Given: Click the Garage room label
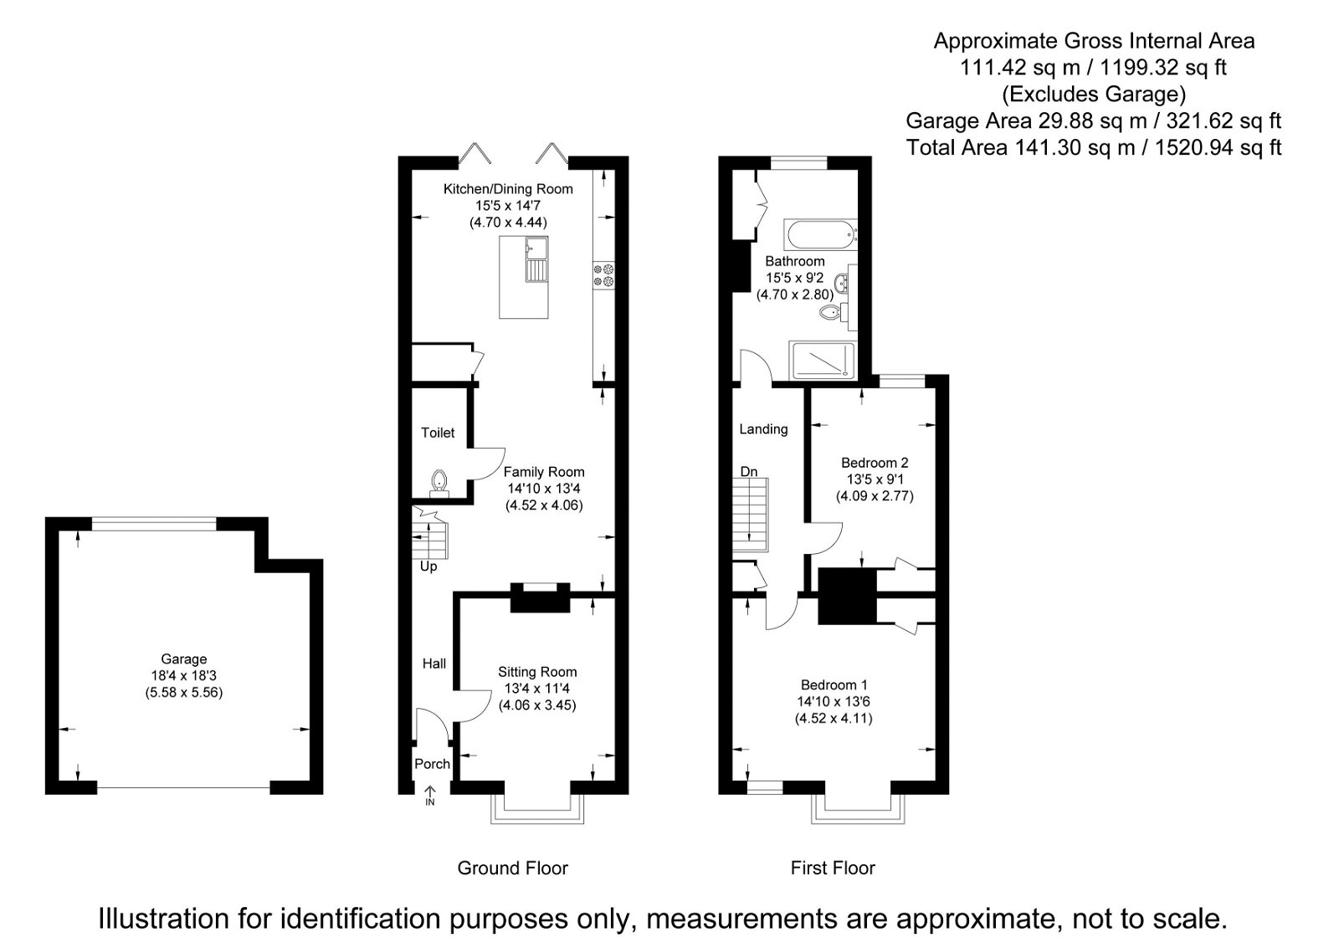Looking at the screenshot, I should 184,659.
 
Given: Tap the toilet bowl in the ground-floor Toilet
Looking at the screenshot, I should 439,482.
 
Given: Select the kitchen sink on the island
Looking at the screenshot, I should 536,260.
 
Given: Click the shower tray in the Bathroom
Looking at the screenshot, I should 823,359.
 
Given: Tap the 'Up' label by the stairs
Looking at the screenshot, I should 428,566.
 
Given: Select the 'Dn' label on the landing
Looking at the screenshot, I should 748,472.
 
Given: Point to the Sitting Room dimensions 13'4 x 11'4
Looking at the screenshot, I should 537,689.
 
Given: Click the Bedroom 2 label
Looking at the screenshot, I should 875,463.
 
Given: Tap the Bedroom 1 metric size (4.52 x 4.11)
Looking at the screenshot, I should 834,718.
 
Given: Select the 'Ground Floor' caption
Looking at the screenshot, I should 512,869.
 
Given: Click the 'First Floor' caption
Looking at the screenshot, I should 833,869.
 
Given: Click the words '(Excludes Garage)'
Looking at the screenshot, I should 1093,94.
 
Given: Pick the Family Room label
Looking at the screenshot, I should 544,472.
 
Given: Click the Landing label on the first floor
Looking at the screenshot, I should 763,429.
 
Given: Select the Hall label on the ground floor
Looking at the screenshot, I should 434,664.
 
